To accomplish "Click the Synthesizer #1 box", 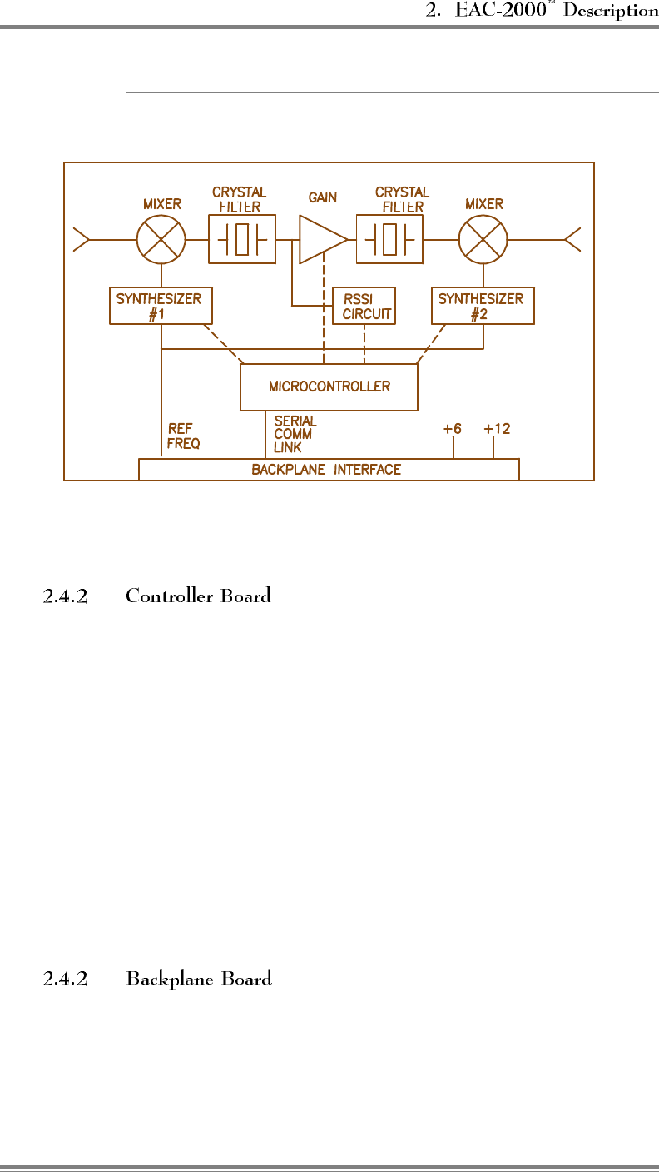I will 161,306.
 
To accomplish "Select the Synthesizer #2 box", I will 483,306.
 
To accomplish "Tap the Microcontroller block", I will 329,387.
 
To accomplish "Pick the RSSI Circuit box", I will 364,306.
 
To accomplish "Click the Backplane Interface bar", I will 328,470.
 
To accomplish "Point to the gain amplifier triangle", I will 321,239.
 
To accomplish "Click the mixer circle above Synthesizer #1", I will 161,239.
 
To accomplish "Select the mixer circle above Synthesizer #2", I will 483,239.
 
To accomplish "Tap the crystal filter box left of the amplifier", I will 242,239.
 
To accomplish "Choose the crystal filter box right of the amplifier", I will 389,239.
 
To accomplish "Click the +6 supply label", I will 452,430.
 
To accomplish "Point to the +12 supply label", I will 497,430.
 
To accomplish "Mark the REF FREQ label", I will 183,436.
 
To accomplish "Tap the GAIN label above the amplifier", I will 323,198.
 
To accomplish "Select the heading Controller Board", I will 198,596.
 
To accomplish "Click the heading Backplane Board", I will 199,979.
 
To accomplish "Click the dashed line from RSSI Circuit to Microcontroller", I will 364,344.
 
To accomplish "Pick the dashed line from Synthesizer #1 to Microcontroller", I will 224,344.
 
